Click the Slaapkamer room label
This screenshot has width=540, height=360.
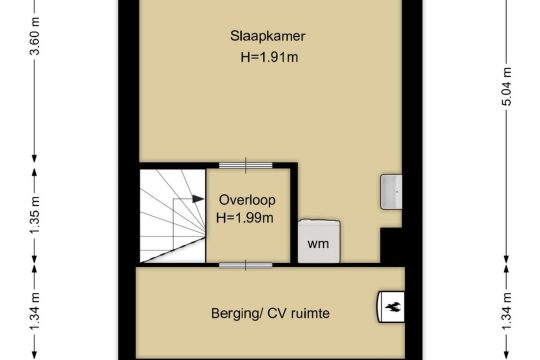(x=268, y=36)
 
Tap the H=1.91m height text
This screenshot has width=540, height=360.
(x=269, y=57)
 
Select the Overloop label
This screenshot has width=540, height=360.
(x=247, y=200)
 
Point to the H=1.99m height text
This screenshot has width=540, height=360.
(x=245, y=218)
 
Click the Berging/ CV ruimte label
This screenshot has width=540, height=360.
(x=270, y=313)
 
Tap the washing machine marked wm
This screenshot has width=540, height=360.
(x=319, y=241)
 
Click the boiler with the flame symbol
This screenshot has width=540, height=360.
(x=390, y=307)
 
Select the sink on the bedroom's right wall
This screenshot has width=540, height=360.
(x=391, y=192)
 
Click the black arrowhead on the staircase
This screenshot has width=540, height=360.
(x=198, y=199)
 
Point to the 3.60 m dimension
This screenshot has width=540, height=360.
(x=35, y=36)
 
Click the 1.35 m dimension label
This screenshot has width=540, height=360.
(x=35, y=215)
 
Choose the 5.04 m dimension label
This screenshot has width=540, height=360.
(x=507, y=86)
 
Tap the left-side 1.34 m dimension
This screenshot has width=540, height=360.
(x=35, y=311)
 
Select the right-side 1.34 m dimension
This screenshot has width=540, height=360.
(x=507, y=311)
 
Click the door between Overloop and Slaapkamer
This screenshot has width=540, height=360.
(x=246, y=166)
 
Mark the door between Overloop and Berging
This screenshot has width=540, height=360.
(x=246, y=265)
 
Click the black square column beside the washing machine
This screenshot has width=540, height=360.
(x=391, y=245)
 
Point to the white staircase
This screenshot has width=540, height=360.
(x=172, y=216)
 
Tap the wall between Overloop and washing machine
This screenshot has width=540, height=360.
(x=294, y=214)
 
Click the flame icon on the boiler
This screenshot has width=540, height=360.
(x=393, y=307)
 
